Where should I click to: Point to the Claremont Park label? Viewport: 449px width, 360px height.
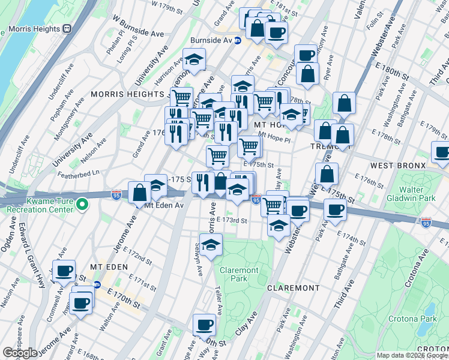point(238,274)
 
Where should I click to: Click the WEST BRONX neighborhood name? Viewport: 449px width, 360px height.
point(398,165)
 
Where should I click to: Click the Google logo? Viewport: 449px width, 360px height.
point(20,353)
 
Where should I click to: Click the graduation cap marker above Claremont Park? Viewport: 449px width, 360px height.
point(211,245)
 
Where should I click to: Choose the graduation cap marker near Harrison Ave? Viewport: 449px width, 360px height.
point(194,59)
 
